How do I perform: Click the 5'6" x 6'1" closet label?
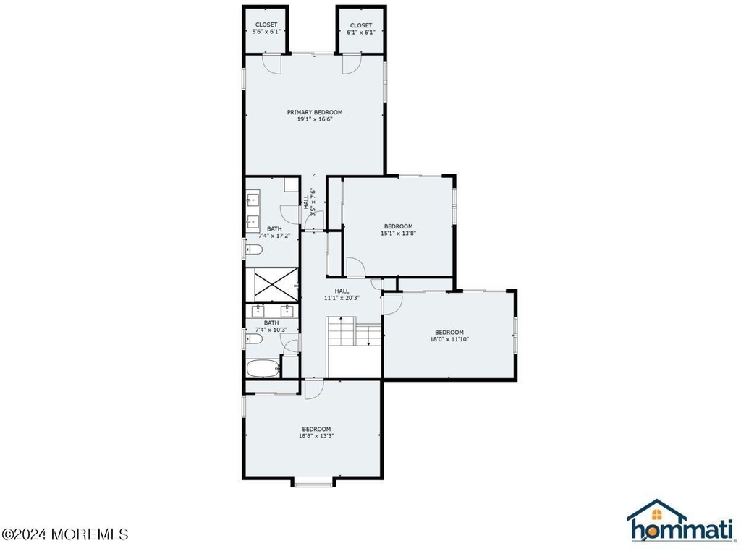coord(266,28)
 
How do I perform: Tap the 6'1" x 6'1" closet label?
coord(361,28)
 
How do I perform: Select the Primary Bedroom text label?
coord(315,112)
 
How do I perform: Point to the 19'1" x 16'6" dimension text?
coord(315,119)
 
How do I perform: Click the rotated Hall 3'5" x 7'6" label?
coord(309,202)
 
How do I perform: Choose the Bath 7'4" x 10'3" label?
coord(271,326)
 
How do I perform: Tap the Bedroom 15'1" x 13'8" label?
coord(399,229)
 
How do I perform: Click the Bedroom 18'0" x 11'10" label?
coord(449,336)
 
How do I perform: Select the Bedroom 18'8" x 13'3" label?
coord(316,432)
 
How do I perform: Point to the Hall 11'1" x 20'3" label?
coord(342,294)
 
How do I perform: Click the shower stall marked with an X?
coord(272,285)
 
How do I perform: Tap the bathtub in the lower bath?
coord(263,368)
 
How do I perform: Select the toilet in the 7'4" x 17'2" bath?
coord(253,249)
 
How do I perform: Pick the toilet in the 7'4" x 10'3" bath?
coord(253,339)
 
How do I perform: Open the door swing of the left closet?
coord(273,64)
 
